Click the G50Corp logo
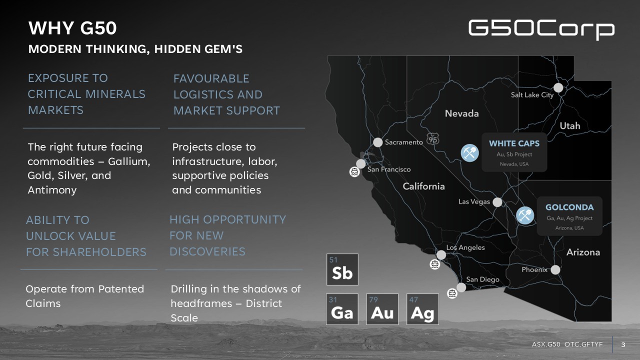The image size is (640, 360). coord(541,29)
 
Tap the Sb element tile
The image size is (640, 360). coord(342,269)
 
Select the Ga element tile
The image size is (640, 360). coord(342,309)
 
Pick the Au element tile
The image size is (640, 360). coord(382,309)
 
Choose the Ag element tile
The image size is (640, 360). coord(422,309)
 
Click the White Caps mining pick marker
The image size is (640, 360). coord(469,153)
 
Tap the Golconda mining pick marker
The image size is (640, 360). coord(525,215)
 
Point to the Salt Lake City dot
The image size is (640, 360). coord(558,87)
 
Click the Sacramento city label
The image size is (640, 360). coord(403,142)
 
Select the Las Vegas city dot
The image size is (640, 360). coord(497,202)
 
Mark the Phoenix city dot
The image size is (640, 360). coord(555,269)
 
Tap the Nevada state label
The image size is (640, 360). coord(461,113)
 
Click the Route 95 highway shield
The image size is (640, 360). coord(433,139)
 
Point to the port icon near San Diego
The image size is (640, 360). coord(452,293)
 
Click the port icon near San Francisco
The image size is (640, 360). coord(354,171)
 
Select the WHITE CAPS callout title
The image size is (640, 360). coord(514,143)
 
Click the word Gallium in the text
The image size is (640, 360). coord(129,161)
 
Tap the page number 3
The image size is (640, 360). coord(623,344)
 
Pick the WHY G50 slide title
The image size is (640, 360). coord(72,28)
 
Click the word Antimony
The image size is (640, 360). coord(52,190)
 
